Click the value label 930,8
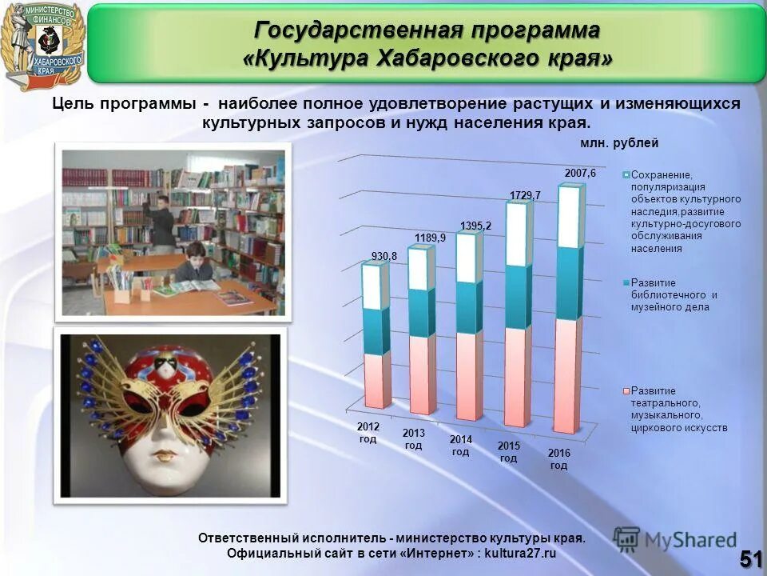tap(384, 256)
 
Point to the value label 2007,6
tap(581, 173)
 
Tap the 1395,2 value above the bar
tap(475, 226)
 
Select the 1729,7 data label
tap(525, 195)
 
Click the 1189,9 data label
tap(430, 238)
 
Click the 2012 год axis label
tap(368, 433)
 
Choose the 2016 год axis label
tap(558, 459)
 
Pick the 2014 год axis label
tap(460, 446)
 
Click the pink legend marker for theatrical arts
tap(626, 391)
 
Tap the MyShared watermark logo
tap(675, 540)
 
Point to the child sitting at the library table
tap(194, 265)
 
